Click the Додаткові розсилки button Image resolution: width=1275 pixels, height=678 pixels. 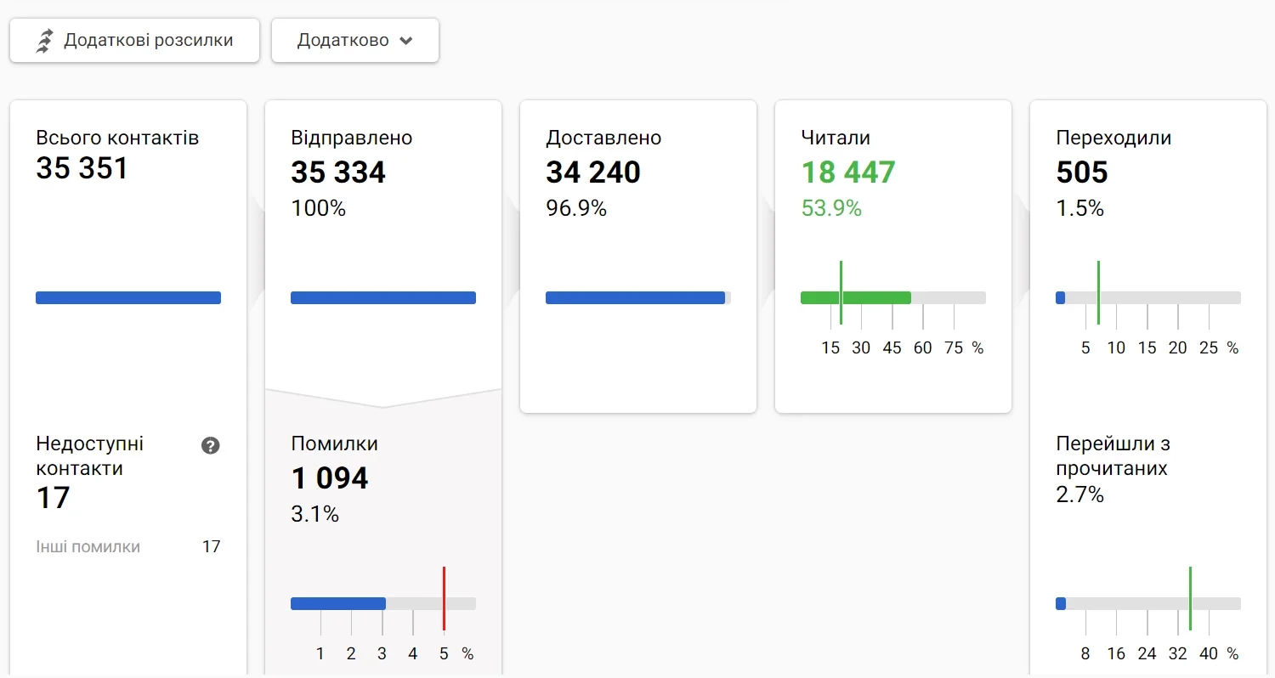pyautogui.click(x=134, y=41)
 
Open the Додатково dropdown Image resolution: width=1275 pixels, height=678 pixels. pyautogui.click(x=354, y=41)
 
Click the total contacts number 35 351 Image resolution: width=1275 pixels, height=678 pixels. pyautogui.click(x=82, y=168)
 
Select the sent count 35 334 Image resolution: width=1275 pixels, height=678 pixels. pyautogui.click(x=338, y=172)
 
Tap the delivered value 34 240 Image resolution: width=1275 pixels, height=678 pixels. pyautogui.click(x=593, y=172)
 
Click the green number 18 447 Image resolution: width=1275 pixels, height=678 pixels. pyautogui.click(x=848, y=172)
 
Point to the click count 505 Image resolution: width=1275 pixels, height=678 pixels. pyautogui.click(x=1082, y=172)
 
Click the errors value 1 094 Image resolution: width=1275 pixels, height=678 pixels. pyautogui.click(x=330, y=478)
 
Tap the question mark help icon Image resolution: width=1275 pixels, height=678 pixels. pyautogui.click(x=211, y=445)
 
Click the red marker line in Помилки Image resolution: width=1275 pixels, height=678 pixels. pyautogui.click(x=444, y=598)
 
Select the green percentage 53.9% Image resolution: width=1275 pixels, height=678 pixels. pyautogui.click(x=831, y=208)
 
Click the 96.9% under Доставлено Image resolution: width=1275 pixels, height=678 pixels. pyautogui.click(x=576, y=208)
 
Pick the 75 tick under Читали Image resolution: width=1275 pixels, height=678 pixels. pyautogui.click(x=954, y=347)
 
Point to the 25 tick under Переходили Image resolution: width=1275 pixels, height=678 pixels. pyautogui.click(x=1209, y=347)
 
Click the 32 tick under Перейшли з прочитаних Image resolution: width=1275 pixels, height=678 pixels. pyautogui.click(x=1178, y=653)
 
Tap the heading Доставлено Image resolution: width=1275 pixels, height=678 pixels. pyautogui.click(x=603, y=138)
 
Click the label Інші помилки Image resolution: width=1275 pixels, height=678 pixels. pyautogui.click(x=88, y=546)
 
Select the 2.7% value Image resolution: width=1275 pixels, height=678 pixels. pyautogui.click(x=1079, y=494)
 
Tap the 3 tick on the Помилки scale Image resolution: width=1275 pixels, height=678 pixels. pyautogui.click(x=382, y=653)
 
